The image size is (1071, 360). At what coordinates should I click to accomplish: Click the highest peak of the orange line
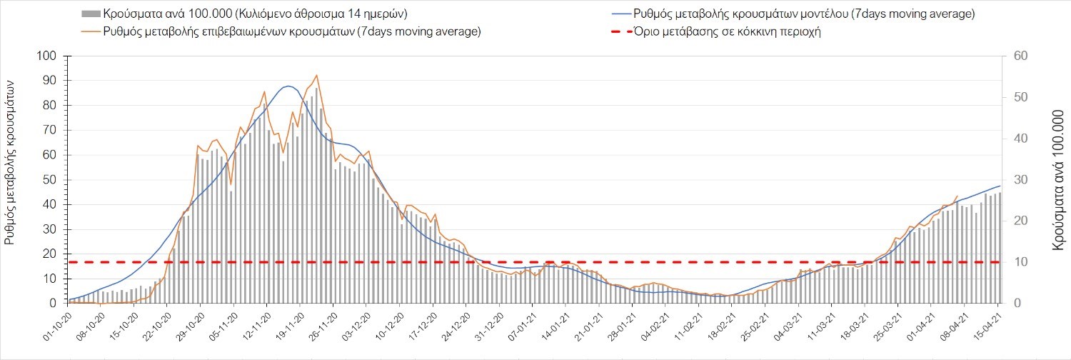pyautogui.click(x=316, y=75)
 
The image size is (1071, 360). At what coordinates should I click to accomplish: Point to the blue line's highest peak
pyautogui.click(x=288, y=86)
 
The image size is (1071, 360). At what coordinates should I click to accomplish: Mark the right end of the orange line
pyautogui.click(x=957, y=195)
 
